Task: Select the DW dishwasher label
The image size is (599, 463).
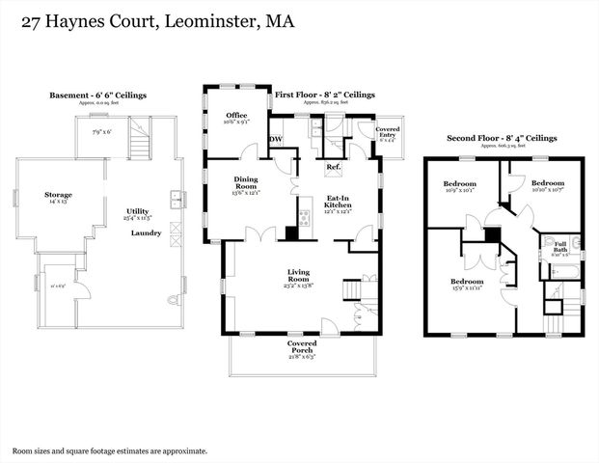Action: click(x=276, y=139)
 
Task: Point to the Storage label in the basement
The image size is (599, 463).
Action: click(x=58, y=194)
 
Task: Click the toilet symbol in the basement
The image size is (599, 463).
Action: click(x=175, y=300)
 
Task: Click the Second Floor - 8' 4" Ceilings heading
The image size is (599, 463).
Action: click(x=502, y=138)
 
